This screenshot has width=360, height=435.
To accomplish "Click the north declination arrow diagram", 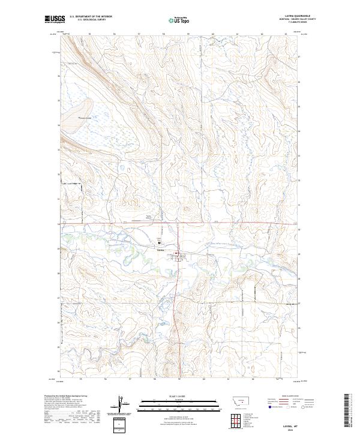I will pyautogui.click(x=121, y=404).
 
